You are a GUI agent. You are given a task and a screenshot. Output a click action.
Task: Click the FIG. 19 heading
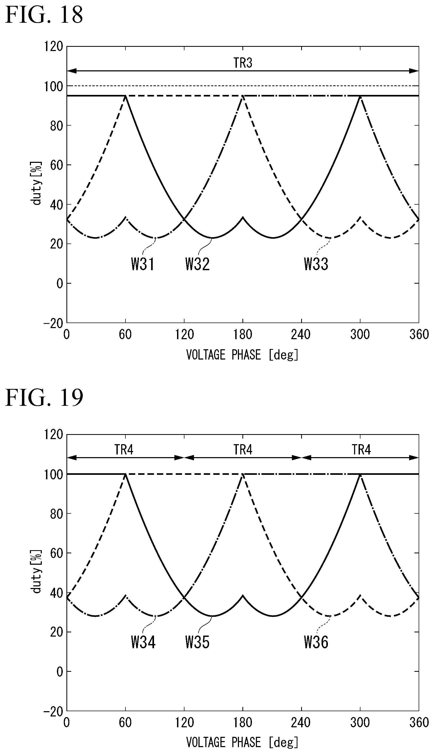coord(44,398)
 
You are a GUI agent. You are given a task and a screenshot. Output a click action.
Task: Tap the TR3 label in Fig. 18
coord(243,63)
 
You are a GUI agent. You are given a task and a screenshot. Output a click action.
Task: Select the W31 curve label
coord(143,264)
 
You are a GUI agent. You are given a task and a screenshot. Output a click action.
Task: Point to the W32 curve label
coord(197,264)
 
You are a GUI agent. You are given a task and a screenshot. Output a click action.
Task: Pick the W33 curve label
coord(316,264)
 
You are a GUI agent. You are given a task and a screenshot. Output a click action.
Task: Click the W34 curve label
coord(143,642)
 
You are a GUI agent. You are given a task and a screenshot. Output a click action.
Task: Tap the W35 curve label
coord(197,642)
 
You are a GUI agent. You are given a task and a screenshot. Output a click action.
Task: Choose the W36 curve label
coord(316,642)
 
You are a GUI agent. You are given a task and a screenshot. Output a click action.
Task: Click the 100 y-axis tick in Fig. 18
coord(54,86)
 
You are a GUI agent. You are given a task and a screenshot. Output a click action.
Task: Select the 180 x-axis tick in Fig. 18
coord(243,335)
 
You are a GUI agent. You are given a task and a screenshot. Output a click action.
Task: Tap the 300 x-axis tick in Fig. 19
coord(360,723)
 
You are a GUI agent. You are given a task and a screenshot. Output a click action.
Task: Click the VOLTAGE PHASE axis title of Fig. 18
coord(242,355)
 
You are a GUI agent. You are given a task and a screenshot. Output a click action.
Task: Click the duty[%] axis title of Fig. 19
coord(36,572)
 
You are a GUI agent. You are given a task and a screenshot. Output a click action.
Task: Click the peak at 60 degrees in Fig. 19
coord(125,474)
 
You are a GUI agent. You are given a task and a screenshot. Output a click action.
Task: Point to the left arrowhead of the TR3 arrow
coord(71,71)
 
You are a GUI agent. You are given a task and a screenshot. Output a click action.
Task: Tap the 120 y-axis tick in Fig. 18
coord(54,47)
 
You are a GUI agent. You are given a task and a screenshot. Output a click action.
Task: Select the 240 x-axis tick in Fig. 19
coord(301,723)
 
